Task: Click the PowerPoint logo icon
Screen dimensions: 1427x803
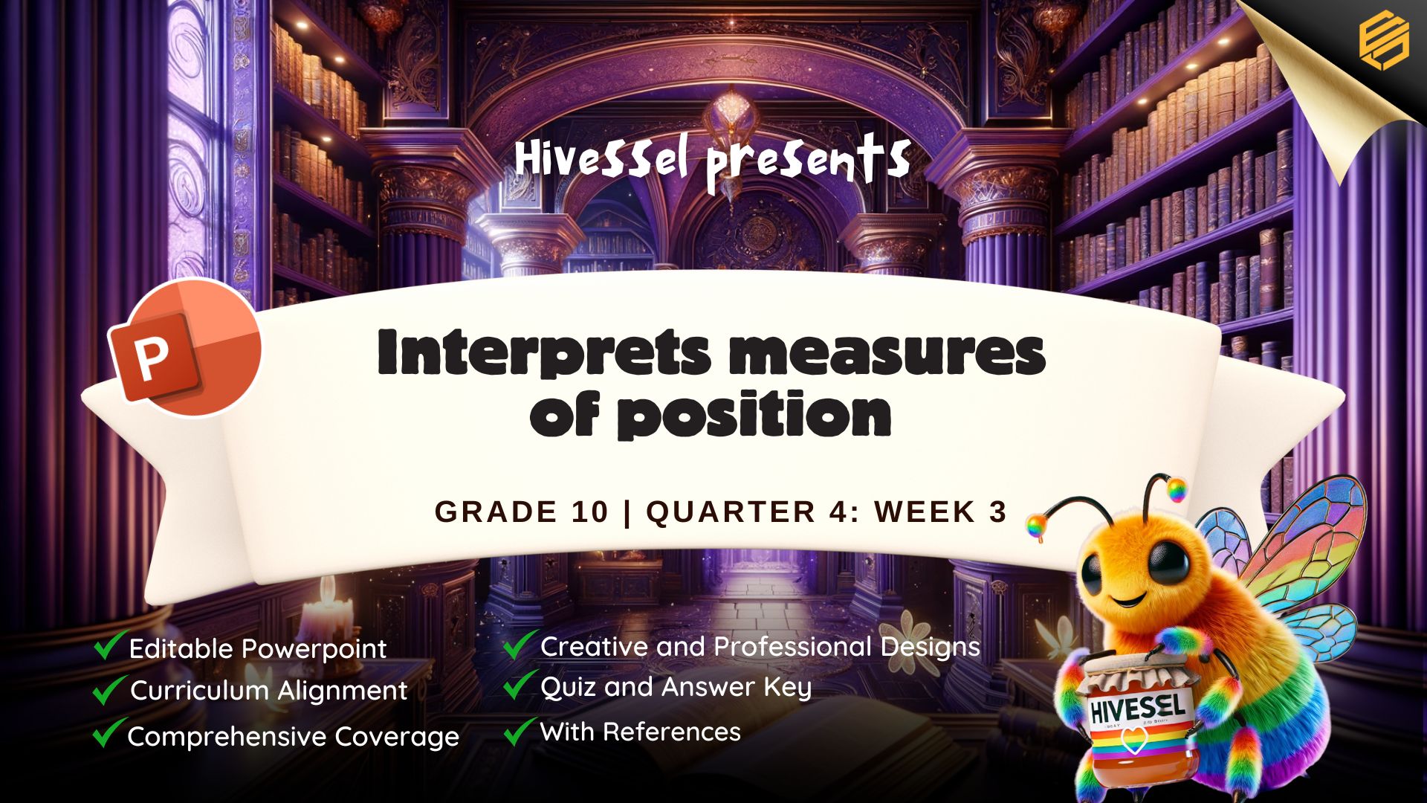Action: pos(184,348)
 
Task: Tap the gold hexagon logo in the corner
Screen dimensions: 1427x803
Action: pos(1384,42)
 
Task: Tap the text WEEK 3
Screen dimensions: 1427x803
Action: pos(940,512)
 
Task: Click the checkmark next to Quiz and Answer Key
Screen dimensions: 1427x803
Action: pos(520,684)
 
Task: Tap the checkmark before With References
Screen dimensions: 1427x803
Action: pos(520,730)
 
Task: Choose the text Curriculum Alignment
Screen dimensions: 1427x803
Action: pos(269,691)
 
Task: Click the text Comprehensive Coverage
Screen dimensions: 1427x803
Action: pos(294,737)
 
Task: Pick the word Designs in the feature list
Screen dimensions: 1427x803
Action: pos(931,648)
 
